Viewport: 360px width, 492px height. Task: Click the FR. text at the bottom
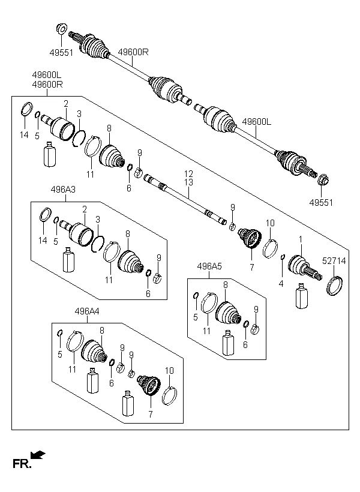[22, 463]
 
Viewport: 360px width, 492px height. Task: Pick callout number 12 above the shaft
[189, 173]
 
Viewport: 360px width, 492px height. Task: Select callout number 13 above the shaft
[189, 182]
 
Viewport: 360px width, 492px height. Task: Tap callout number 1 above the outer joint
[301, 239]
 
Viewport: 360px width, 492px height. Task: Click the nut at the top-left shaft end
[61, 28]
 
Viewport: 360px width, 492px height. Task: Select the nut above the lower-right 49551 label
[323, 179]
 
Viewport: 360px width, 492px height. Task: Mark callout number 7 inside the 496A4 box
[151, 413]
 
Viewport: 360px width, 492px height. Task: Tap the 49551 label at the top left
[61, 53]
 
